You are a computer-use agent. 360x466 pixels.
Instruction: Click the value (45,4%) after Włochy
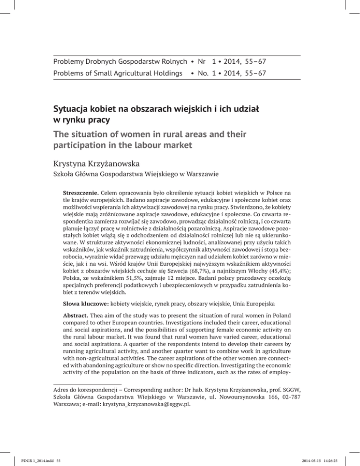coord(292,274)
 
